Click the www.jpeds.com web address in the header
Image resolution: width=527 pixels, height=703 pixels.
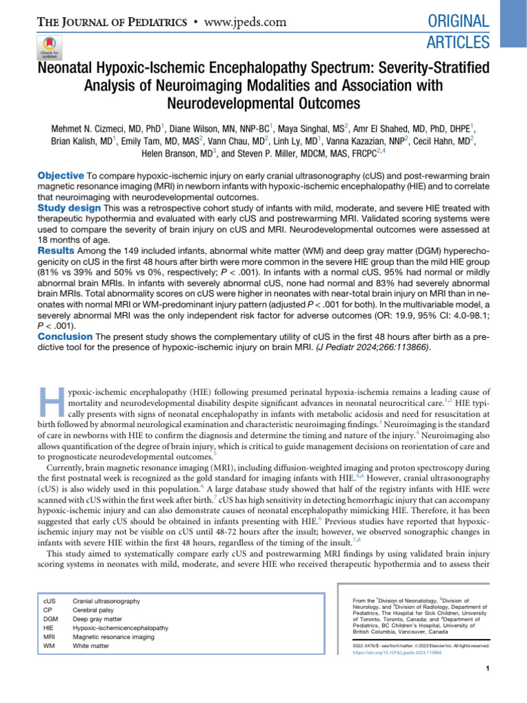click(x=244, y=22)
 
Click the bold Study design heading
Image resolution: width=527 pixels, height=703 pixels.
click(x=68, y=207)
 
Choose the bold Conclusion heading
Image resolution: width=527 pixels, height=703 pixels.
click(x=64, y=336)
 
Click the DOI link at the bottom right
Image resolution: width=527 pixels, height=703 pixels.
click(x=396, y=653)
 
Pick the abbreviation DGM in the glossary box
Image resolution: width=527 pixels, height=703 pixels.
click(x=51, y=619)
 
